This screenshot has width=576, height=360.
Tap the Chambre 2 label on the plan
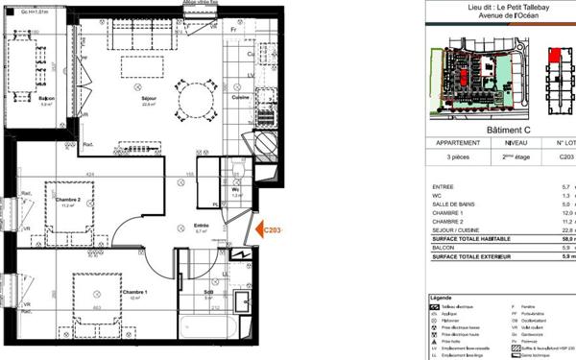coord(68,200)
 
